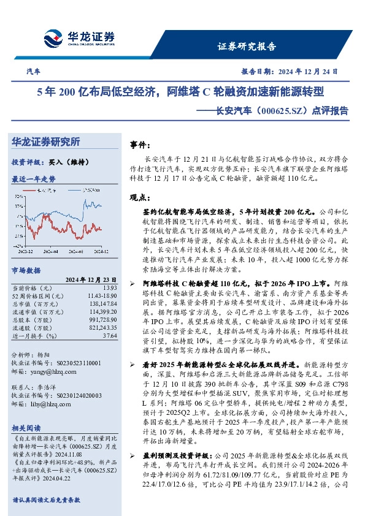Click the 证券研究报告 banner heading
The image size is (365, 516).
(x=247, y=47)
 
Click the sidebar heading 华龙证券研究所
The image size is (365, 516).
(x=46, y=142)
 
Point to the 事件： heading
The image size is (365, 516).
(x=142, y=145)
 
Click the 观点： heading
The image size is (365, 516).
(x=142, y=197)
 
